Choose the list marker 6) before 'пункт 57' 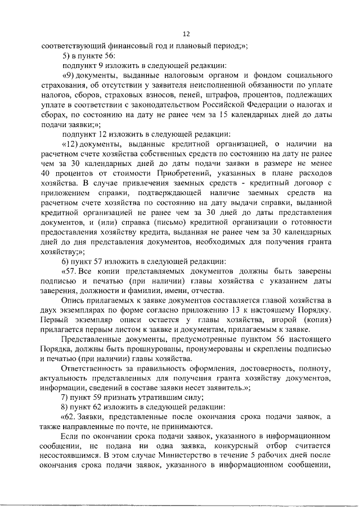tap(66, 260)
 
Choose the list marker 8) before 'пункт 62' tap(66, 407)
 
